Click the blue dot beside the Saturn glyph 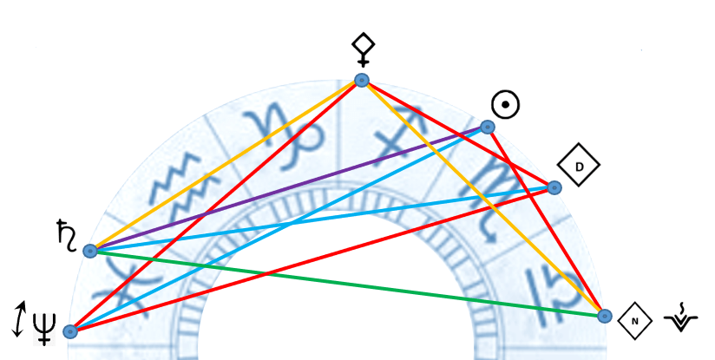[x=89, y=251]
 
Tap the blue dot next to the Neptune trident [x=71, y=331]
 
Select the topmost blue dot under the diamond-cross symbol [x=362, y=81]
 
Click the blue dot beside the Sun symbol [x=488, y=128]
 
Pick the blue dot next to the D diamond [x=554, y=187]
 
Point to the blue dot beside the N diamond [x=605, y=316]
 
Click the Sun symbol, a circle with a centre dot [x=505, y=106]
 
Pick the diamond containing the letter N [x=635, y=321]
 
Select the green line [x=347, y=284]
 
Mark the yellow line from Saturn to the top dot [x=226, y=166]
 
